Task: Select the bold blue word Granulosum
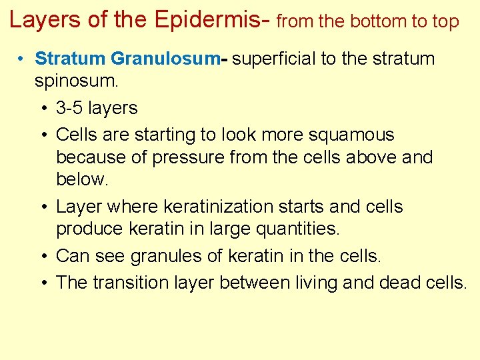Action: click(x=165, y=59)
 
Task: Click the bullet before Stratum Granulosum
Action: click(x=22, y=59)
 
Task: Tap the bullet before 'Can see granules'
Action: click(x=43, y=256)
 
